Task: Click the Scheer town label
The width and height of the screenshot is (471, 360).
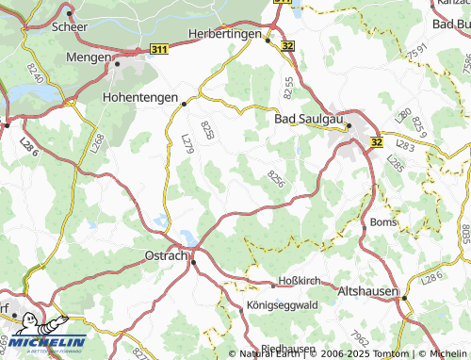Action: [x=71, y=27]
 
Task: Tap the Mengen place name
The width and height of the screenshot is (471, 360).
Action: [x=89, y=57]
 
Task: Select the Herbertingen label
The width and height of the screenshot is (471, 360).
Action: [x=225, y=33]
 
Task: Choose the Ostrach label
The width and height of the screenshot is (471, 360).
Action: [x=166, y=255]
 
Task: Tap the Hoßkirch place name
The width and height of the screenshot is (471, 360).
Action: [x=301, y=282]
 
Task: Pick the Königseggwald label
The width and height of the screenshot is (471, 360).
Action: [x=282, y=304]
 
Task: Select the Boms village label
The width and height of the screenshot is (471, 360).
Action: [x=383, y=222]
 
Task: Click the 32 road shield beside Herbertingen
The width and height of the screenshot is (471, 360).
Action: [x=286, y=44]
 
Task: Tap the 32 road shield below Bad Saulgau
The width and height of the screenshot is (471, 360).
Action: [x=377, y=142]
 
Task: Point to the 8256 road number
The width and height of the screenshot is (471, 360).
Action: [x=276, y=178]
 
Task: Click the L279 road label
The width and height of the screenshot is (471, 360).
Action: [x=187, y=142]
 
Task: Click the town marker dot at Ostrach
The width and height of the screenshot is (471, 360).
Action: [x=193, y=262]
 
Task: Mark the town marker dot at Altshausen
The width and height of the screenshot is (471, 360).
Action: [x=405, y=297]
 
